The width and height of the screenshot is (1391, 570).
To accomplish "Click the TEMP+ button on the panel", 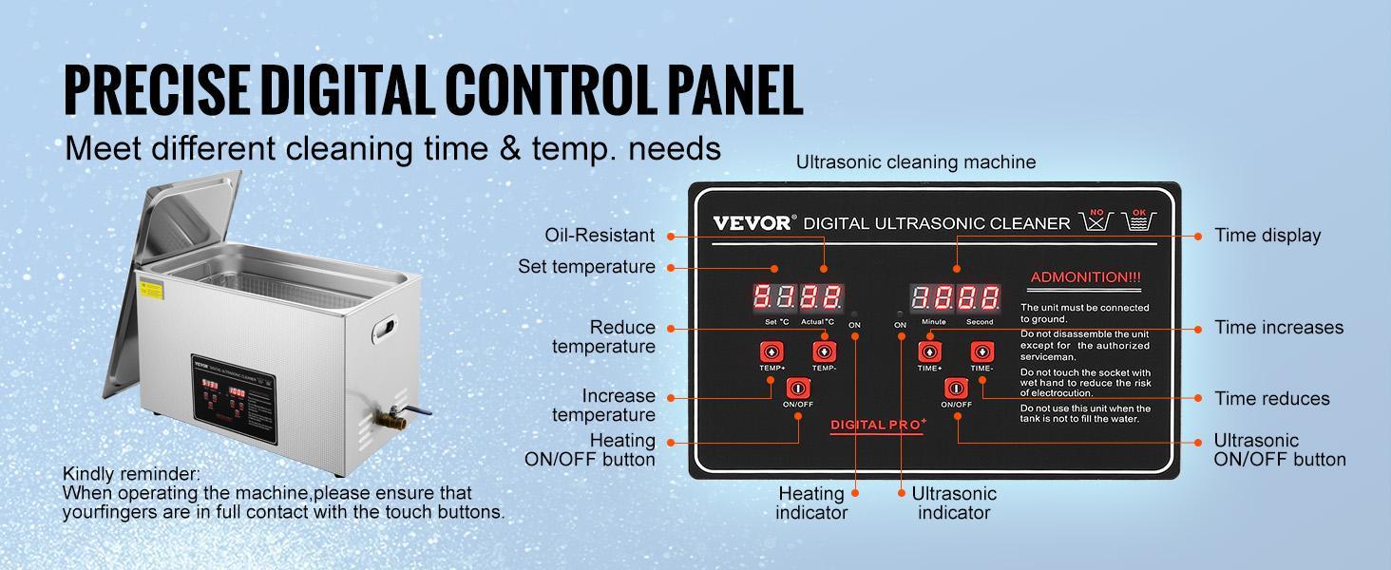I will (x=771, y=353).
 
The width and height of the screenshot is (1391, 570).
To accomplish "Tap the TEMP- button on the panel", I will (x=824, y=353).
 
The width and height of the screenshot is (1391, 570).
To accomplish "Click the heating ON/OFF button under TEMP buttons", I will (x=797, y=389).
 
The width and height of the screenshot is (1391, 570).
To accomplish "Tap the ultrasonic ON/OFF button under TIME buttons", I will (x=956, y=389).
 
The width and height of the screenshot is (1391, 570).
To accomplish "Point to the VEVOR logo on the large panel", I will (x=752, y=223).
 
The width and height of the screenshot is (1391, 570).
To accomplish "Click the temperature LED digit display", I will (x=798, y=298).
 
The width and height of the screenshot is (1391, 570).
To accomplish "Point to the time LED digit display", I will (x=956, y=298).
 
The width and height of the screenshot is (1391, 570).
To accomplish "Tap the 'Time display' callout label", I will (x=1267, y=236).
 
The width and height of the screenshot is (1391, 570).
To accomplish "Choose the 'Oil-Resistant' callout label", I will (x=600, y=236).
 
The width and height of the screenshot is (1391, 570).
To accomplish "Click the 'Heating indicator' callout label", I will (x=811, y=503).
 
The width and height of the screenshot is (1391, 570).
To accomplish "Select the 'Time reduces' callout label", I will (x=1272, y=399).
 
